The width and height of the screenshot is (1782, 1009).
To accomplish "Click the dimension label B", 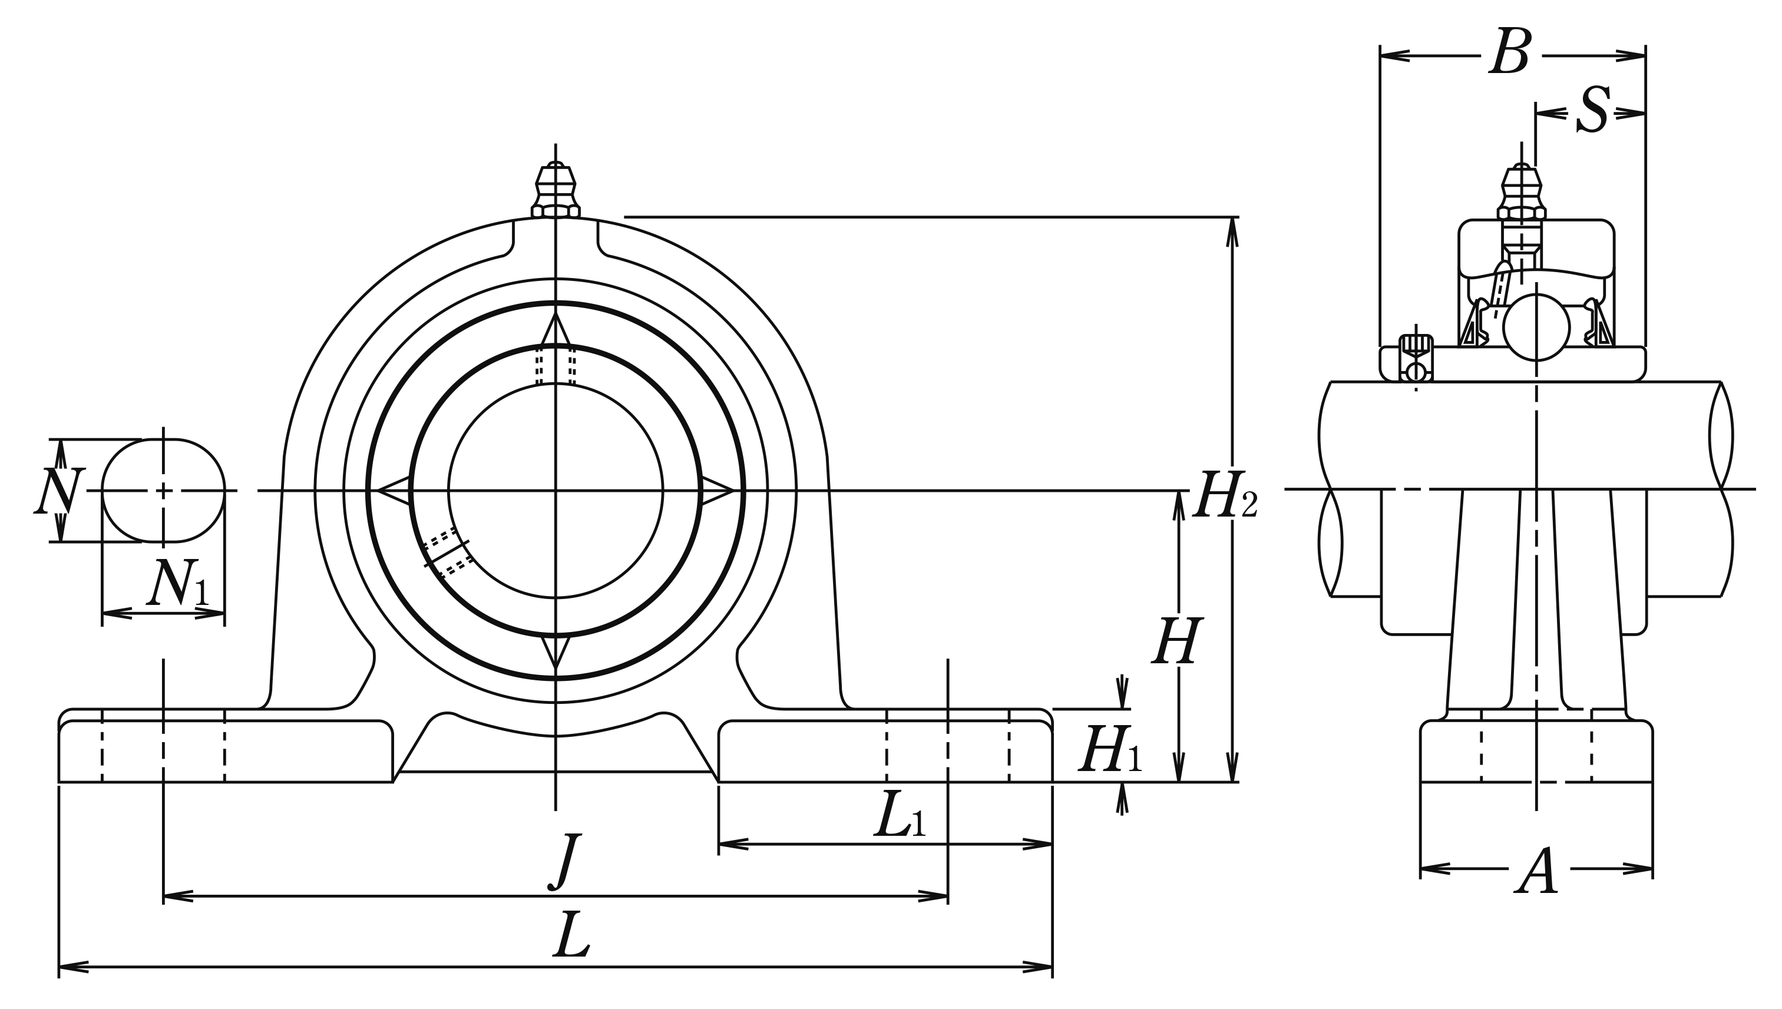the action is click(1510, 52).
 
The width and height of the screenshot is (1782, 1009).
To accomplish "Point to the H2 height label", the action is click(1224, 495).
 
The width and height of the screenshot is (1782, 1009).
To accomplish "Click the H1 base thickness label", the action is click(1110, 750).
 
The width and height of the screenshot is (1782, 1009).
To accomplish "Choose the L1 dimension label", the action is click(900, 816).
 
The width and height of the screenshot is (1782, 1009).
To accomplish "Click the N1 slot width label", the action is click(177, 584).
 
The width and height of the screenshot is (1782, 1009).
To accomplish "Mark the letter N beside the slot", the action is click(59, 491).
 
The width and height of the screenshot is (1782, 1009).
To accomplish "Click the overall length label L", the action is click(571, 935).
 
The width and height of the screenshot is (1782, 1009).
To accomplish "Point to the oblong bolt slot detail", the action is click(164, 491).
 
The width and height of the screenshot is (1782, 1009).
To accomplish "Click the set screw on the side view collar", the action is click(1416, 358).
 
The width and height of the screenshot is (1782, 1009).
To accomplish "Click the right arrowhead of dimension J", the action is click(933, 896).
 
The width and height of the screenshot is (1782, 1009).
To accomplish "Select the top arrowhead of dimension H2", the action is click(1232, 232).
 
